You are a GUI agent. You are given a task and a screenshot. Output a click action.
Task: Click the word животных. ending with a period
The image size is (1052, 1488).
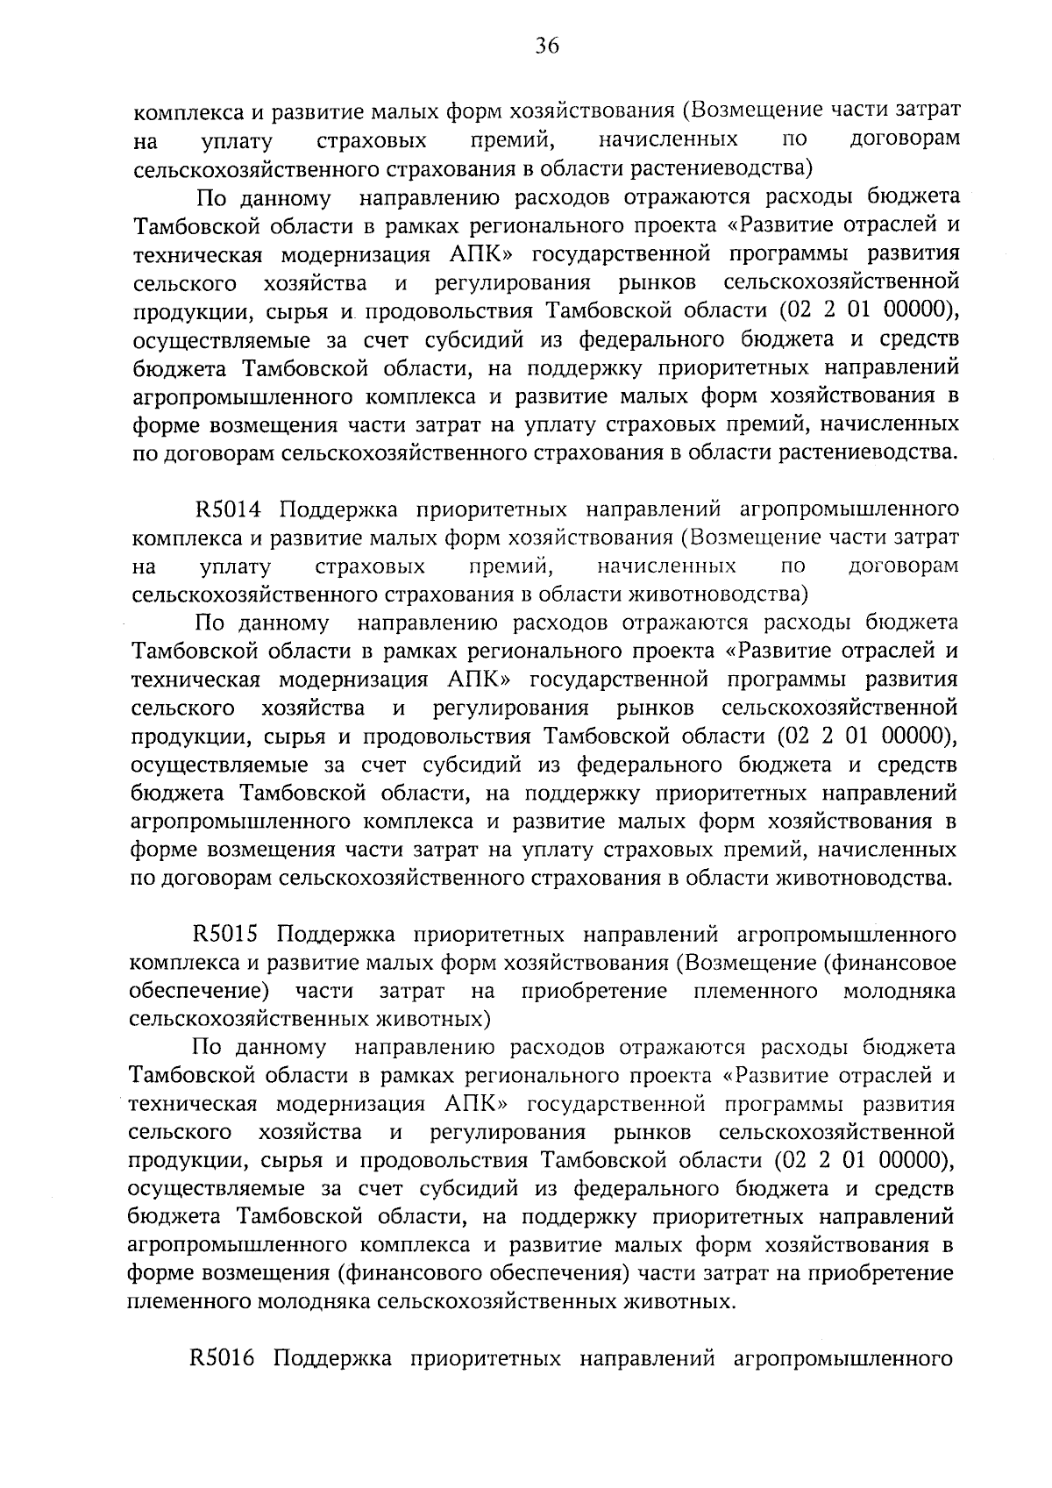[x=676, y=1302]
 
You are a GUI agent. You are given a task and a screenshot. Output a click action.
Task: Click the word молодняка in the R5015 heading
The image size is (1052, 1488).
[x=899, y=991]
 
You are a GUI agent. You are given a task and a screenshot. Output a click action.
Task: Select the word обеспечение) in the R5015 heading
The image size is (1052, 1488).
[x=199, y=991]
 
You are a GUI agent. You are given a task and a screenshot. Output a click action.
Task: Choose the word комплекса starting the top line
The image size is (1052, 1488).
[x=185, y=111]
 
